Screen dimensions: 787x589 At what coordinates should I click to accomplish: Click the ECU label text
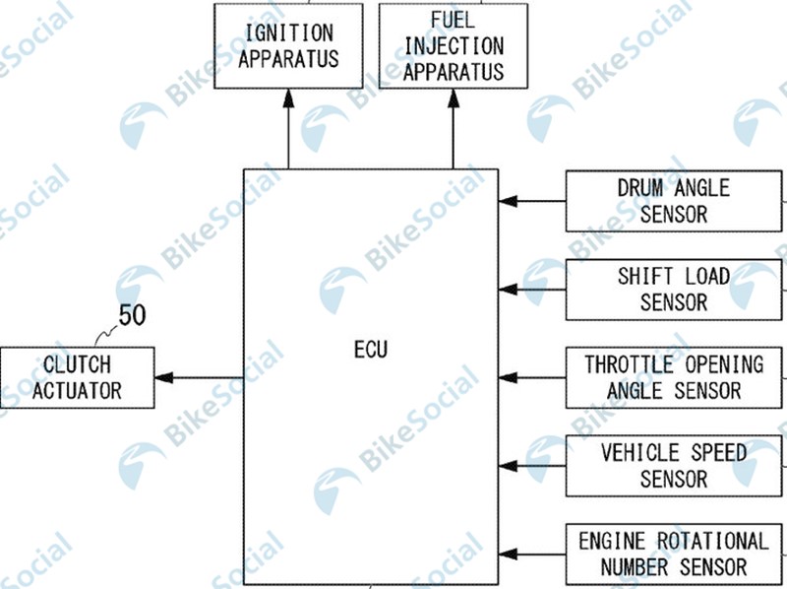pos(371,350)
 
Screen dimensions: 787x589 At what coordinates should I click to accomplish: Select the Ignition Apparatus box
pos(288,46)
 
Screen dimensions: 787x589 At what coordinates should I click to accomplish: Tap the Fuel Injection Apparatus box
pos(454,46)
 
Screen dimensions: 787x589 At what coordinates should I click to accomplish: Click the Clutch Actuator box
pos(78,377)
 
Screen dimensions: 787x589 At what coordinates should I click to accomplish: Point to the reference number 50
pos(132,315)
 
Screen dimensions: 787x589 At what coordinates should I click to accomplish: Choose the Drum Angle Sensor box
pos(674,201)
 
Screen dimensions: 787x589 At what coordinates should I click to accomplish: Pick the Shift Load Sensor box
pos(674,290)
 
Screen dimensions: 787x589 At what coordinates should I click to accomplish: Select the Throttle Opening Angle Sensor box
pos(674,377)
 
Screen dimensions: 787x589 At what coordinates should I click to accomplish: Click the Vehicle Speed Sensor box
pos(674,466)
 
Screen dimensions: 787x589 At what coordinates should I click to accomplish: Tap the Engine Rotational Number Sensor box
pos(674,555)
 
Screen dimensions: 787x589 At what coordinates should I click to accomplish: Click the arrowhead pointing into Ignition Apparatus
pos(288,98)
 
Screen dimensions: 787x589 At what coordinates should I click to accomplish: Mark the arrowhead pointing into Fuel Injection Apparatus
pos(454,98)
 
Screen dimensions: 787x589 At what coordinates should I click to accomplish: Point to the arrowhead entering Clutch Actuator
pos(164,377)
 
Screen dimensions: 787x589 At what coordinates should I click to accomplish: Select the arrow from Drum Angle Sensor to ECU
pos(532,201)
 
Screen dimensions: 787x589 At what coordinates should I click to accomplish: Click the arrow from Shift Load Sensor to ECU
pos(532,290)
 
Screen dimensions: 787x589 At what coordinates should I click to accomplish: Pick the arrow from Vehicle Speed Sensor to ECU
pos(532,466)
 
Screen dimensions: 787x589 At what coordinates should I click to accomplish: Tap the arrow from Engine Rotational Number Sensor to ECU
pos(532,555)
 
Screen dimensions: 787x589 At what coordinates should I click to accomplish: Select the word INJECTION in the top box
pos(454,46)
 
